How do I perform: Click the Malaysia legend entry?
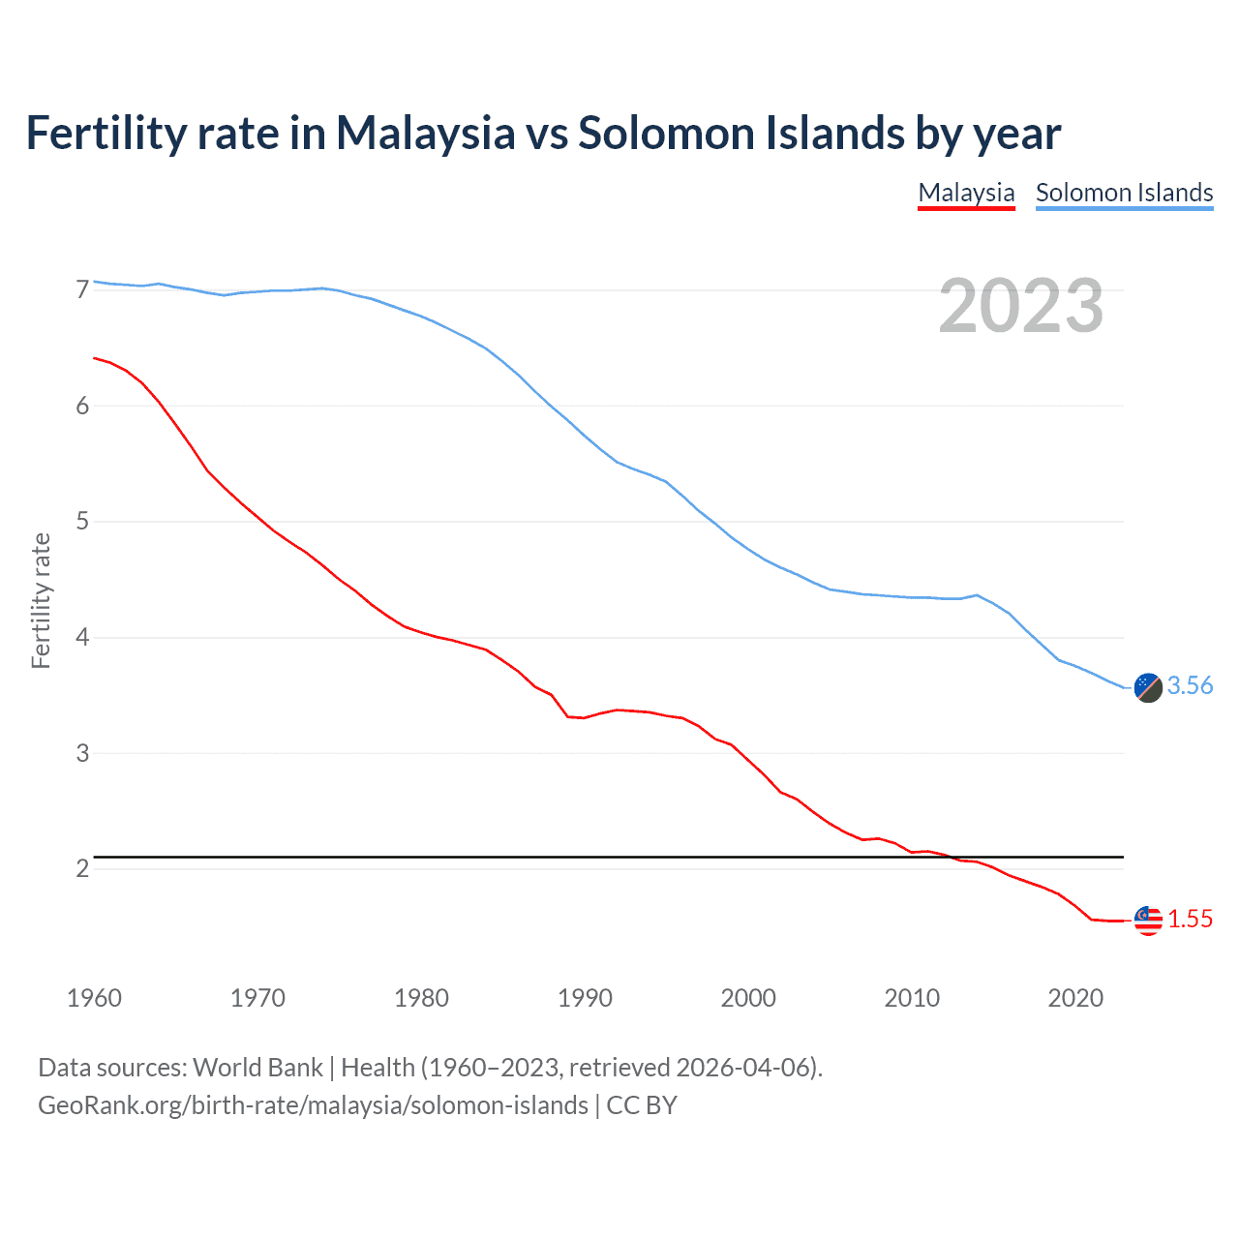[966, 193]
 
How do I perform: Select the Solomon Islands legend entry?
[1124, 193]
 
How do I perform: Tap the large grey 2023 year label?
[1021, 306]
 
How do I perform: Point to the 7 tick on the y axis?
[82, 289]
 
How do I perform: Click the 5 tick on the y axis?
[82, 522]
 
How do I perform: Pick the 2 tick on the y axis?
[82, 868]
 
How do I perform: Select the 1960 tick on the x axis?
[94, 998]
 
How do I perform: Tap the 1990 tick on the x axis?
[585, 998]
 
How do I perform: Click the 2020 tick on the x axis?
[1075, 998]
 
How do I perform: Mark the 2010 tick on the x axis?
[912, 998]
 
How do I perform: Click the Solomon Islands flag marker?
[1148, 687]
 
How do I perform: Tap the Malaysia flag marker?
[1148, 921]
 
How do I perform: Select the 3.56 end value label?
[1190, 686]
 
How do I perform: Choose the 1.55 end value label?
[1190, 920]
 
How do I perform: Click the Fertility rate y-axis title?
[41, 600]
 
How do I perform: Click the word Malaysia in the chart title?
[425, 134]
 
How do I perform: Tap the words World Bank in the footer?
[257, 1068]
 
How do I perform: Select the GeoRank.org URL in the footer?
[313, 1105]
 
